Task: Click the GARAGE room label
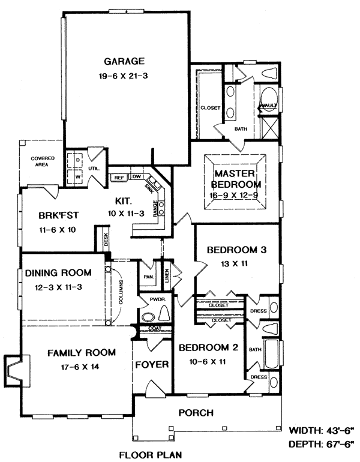click(x=124, y=61)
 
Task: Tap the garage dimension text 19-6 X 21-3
click(x=123, y=76)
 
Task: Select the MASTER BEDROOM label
click(x=236, y=179)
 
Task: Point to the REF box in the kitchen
click(x=119, y=178)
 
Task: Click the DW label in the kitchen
click(x=137, y=176)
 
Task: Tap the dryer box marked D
click(x=77, y=160)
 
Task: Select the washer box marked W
click(x=77, y=176)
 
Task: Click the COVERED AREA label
click(x=42, y=161)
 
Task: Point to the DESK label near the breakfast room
click(x=106, y=239)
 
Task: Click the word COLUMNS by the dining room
click(x=121, y=292)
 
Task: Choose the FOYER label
click(x=152, y=364)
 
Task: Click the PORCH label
click(x=196, y=413)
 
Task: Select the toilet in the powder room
click(x=164, y=313)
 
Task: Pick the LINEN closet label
click(x=167, y=275)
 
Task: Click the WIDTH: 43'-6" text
click(x=321, y=430)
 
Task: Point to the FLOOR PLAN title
click(x=150, y=455)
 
